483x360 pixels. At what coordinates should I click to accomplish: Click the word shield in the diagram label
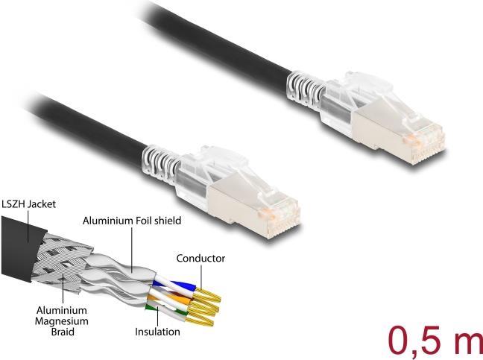(x=166, y=221)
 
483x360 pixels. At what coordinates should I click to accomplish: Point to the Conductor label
(x=200, y=259)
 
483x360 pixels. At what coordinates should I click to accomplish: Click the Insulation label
(x=157, y=331)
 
